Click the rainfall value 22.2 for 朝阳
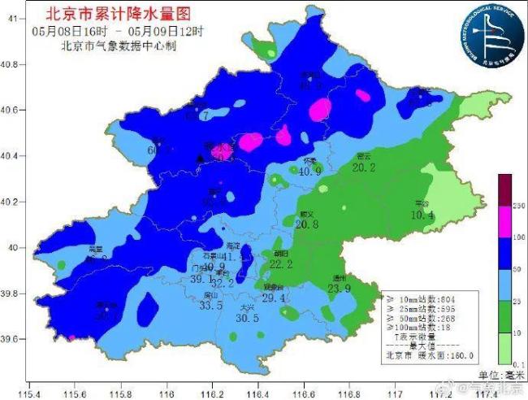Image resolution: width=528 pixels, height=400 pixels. point(281,264)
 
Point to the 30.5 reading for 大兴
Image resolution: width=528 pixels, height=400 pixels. point(247,319)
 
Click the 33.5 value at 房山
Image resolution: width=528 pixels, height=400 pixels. point(211,306)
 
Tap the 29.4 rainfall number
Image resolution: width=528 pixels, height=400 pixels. point(273,298)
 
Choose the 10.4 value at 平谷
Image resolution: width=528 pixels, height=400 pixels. point(422,215)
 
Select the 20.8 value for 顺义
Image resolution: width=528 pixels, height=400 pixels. point(307,224)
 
